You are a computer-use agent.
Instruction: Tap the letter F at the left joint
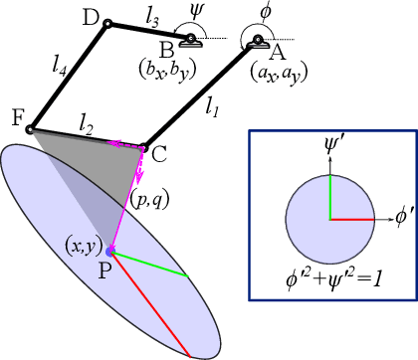pyautogui.click(x=17, y=118)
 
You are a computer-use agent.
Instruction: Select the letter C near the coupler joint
pyautogui.click(x=158, y=153)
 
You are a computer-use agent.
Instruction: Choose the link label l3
pyautogui.click(x=151, y=18)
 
